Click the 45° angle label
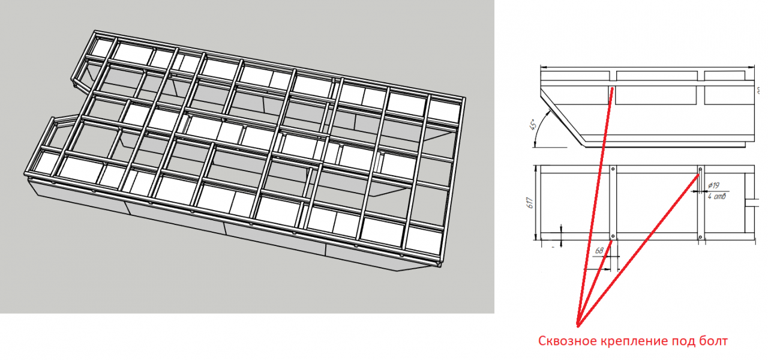(533, 124)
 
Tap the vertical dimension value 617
(530, 203)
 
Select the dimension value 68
(599, 251)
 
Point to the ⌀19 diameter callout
(713, 185)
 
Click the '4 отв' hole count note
(716, 196)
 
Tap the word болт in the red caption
(712, 341)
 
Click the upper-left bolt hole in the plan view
(613, 169)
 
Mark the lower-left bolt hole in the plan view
(613, 236)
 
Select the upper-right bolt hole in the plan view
(700, 169)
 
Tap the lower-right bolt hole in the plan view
(700, 236)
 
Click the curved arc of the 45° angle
(538, 128)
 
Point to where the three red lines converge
(578, 326)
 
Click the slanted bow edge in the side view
(563, 117)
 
